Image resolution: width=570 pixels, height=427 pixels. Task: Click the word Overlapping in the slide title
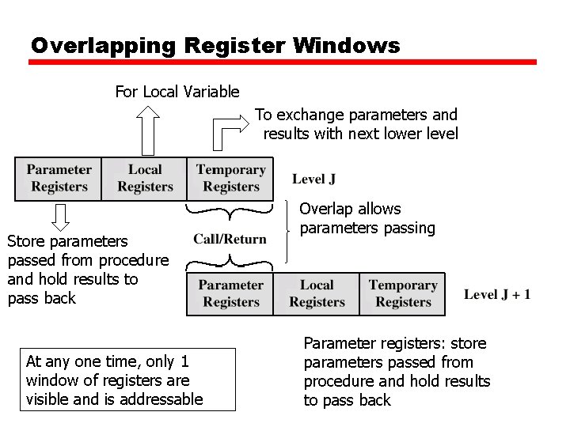tap(104, 46)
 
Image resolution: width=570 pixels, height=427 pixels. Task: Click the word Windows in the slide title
tap(346, 46)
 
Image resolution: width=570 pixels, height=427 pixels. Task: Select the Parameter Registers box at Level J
tap(59, 179)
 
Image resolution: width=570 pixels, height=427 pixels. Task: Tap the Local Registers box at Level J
tap(145, 179)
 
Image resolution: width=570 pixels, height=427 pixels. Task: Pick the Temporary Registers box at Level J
tap(230, 179)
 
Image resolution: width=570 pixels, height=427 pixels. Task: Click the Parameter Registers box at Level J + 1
tap(230, 293)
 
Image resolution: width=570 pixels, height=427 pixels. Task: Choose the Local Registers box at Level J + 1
tap(317, 293)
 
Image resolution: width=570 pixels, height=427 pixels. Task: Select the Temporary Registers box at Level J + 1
tap(402, 293)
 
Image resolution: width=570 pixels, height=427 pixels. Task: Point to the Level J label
tap(313, 179)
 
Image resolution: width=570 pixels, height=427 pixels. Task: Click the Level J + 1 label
tap(497, 295)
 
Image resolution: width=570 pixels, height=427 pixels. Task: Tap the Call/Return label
tap(230, 240)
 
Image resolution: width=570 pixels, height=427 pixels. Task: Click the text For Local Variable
tap(177, 92)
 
